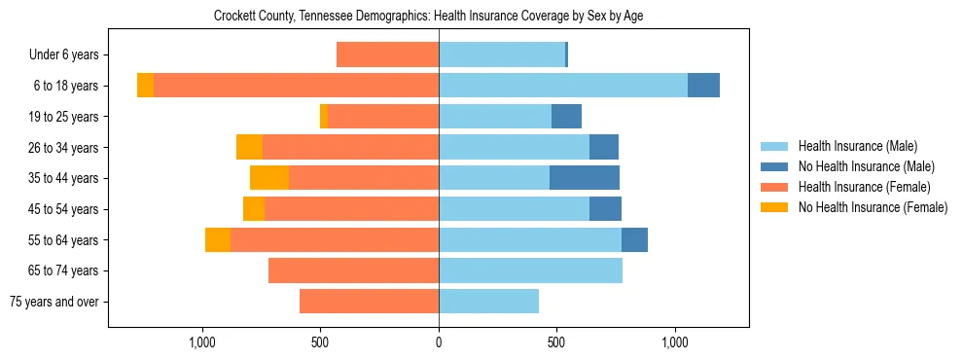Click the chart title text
[428, 17]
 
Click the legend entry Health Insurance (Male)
[857, 147]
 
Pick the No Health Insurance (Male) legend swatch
[775, 167]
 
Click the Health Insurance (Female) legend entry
[864, 187]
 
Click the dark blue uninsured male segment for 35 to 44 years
[585, 178]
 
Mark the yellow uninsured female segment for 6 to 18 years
[145, 86]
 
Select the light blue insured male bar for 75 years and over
[488, 302]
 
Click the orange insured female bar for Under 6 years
[387, 55]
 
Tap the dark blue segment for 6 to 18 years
[703, 86]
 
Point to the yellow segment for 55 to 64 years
[218, 240]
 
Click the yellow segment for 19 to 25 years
[324, 117]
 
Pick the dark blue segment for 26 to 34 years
[604, 147]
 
